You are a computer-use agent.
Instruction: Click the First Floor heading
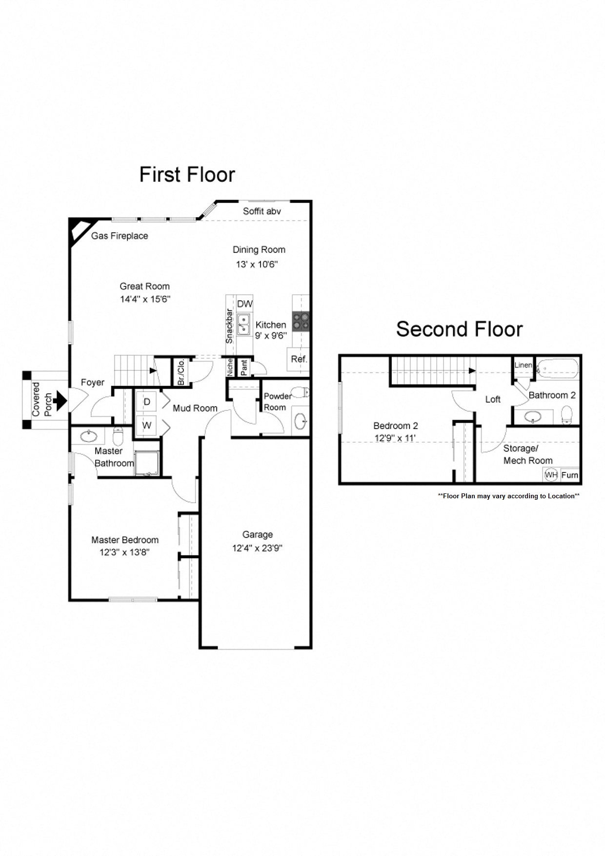(187, 175)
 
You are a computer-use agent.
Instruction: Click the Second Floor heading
(459, 329)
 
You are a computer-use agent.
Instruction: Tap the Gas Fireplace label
(120, 236)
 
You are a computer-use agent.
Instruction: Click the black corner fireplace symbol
(79, 229)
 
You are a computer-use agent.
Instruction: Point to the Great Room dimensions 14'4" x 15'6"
(145, 299)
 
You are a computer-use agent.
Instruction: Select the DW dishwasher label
(244, 304)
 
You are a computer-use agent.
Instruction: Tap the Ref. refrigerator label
(299, 359)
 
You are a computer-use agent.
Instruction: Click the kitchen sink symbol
(243, 325)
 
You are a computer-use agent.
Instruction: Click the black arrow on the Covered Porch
(60, 400)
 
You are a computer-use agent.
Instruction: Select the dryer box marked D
(146, 402)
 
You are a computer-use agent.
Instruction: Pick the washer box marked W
(146, 425)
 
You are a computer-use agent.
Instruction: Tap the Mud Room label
(195, 408)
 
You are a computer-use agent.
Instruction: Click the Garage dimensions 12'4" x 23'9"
(257, 548)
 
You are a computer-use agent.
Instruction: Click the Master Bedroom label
(125, 540)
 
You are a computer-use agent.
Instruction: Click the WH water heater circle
(551, 474)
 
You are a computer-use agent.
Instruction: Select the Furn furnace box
(569, 475)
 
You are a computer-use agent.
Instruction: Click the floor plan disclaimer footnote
(508, 496)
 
